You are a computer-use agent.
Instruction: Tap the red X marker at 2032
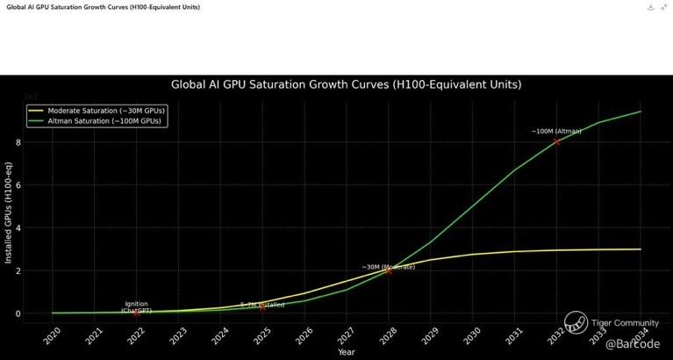[x=556, y=141]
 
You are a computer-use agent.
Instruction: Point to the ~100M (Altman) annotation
[x=556, y=131]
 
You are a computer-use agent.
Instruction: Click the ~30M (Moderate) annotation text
[x=388, y=266]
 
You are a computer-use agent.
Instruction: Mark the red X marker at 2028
[x=388, y=271]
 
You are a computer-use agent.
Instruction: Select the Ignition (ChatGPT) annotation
[x=136, y=307]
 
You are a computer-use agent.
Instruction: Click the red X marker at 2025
[x=262, y=307]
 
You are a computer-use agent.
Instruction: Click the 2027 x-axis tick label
[x=346, y=336]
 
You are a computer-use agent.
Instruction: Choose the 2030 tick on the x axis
[x=472, y=336]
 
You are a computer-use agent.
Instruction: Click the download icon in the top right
[x=650, y=7]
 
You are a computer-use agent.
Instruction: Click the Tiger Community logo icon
[x=576, y=322]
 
